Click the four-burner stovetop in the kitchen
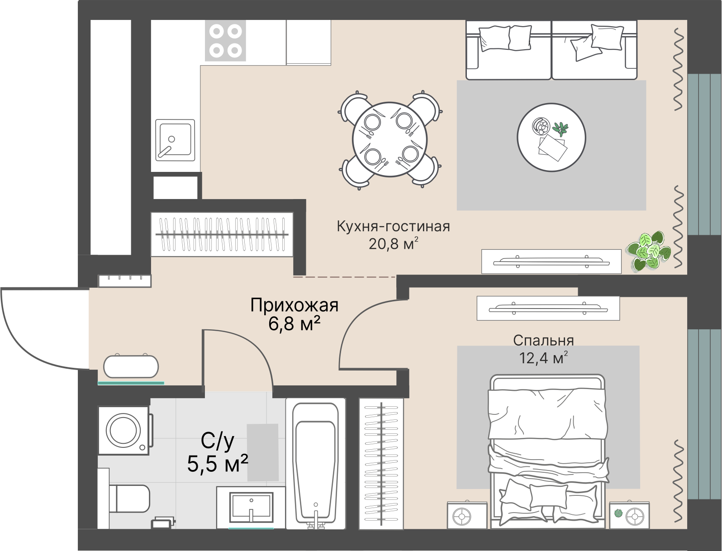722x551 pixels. (x=225, y=40)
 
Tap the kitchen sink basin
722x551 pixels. (x=175, y=140)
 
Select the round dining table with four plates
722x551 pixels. (x=389, y=140)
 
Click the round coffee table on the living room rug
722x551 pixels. (x=551, y=137)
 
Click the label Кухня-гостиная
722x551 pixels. (x=394, y=227)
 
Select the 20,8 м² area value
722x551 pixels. (x=394, y=244)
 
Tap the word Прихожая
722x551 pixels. (x=294, y=306)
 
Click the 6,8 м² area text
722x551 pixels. (x=294, y=324)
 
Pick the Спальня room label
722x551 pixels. (x=543, y=341)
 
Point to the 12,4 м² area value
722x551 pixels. (x=543, y=357)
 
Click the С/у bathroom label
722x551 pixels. (x=218, y=442)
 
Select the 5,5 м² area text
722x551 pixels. (x=218, y=464)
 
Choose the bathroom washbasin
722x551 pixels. (x=252, y=507)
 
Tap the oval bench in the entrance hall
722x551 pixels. (x=131, y=366)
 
